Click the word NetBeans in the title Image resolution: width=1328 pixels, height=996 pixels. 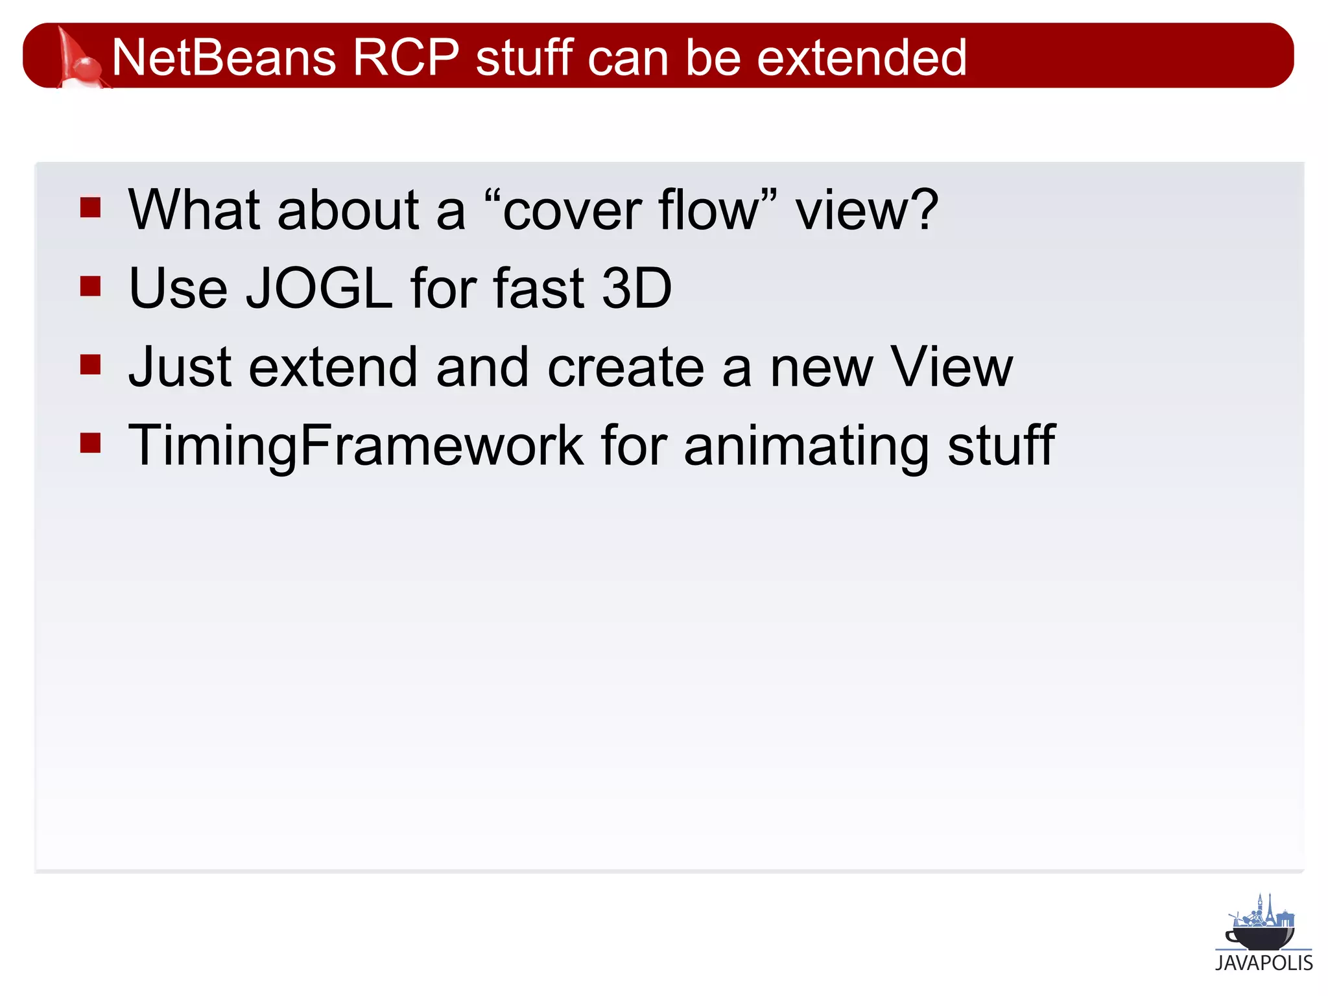(x=224, y=57)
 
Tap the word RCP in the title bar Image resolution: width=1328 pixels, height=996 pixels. (x=406, y=57)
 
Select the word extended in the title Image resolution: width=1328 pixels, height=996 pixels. (x=862, y=57)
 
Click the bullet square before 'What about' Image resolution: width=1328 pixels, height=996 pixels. (x=91, y=207)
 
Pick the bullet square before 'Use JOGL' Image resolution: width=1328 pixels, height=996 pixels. (x=91, y=286)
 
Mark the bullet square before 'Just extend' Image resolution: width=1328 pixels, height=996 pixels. (x=91, y=364)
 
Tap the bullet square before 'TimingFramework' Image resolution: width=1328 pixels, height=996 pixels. (x=91, y=444)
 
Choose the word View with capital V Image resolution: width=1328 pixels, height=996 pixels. (x=951, y=367)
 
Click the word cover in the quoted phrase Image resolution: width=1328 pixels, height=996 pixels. (x=571, y=211)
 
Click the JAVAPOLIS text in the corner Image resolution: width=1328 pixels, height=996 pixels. (x=1264, y=963)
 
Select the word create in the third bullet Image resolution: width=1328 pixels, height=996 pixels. (x=626, y=367)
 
